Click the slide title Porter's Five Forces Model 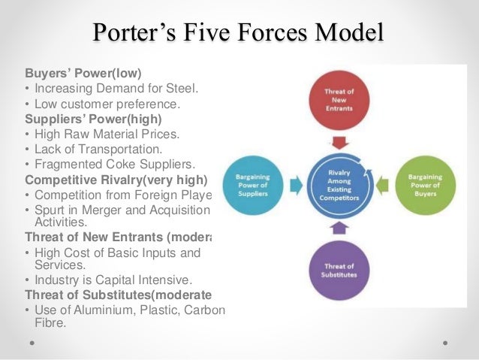point(239,34)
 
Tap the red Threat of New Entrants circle point(339,101)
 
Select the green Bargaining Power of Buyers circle point(425,183)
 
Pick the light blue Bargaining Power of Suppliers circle point(257,183)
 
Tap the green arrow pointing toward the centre point(381,183)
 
